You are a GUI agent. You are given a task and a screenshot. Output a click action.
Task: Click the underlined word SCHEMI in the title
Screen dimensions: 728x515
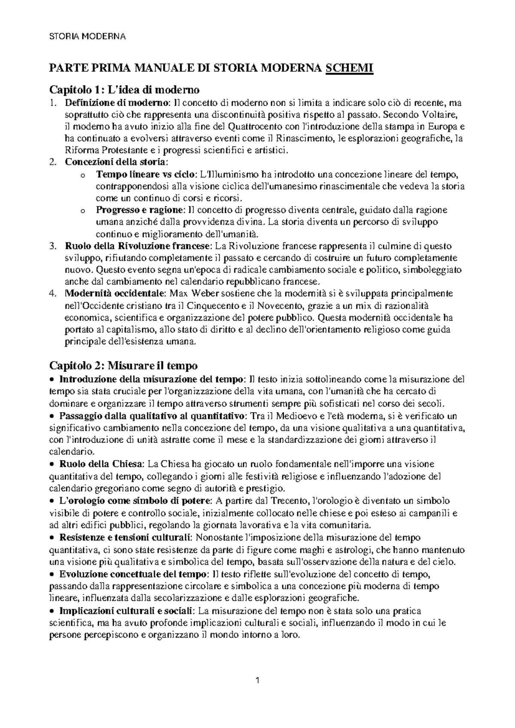pyautogui.click(x=350, y=68)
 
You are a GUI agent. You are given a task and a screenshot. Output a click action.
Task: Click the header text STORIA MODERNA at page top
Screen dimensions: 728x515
pyautogui.click(x=88, y=36)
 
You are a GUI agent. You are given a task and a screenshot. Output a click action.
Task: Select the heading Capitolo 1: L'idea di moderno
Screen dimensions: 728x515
pyautogui.click(x=125, y=90)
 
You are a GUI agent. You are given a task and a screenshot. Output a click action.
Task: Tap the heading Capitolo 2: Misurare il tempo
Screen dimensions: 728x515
pyautogui.click(x=124, y=366)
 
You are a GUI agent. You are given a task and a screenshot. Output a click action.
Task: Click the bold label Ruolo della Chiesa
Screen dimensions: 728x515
pyautogui.click(x=101, y=464)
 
